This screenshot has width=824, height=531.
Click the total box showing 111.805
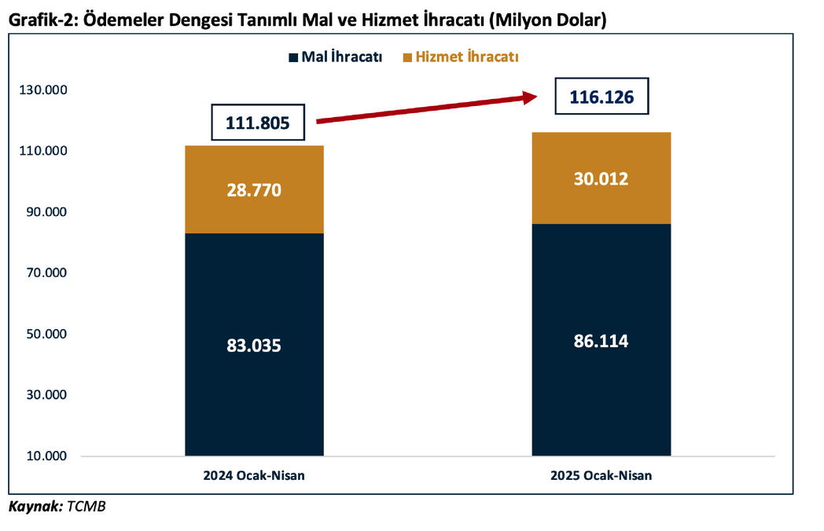point(258,123)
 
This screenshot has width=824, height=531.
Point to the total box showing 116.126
point(601,97)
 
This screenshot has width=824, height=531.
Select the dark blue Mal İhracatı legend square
point(294,57)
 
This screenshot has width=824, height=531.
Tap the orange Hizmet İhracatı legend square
point(406,57)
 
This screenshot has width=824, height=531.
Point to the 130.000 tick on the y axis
point(43,90)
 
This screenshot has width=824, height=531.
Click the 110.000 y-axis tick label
point(43,151)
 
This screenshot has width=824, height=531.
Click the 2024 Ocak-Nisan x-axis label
point(253,475)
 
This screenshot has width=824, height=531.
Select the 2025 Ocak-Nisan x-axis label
point(601,475)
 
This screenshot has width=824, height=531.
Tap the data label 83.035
point(254,346)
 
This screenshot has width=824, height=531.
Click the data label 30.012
point(601,179)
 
